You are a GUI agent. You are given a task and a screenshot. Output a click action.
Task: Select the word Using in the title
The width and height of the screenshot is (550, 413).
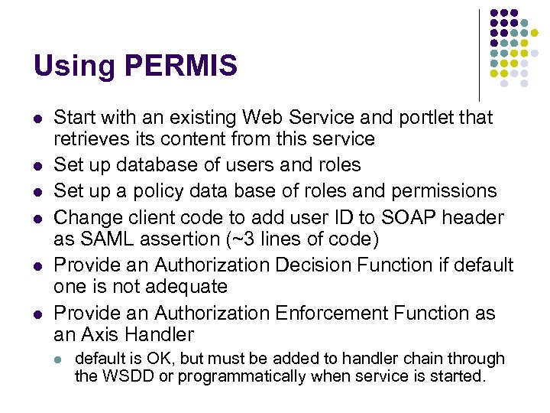click(x=69, y=67)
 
